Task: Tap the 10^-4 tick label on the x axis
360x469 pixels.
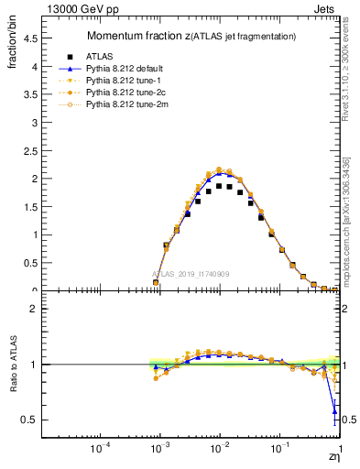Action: click(101, 449)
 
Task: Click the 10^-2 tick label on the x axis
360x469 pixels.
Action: click(220, 449)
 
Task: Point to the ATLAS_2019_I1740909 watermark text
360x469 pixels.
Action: click(191, 274)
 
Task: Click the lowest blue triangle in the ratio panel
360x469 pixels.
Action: click(334, 409)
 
